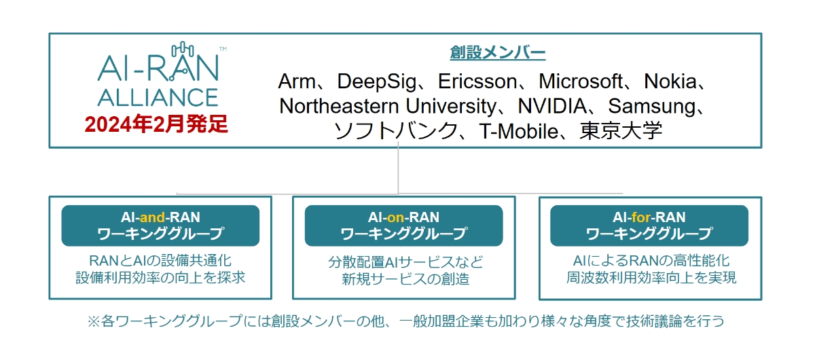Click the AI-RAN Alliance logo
coord(158,75)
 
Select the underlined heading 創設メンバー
coord(497,52)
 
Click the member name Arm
coord(297,82)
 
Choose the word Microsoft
coord(581,82)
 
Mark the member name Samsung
coord(653,106)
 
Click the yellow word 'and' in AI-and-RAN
coord(153,217)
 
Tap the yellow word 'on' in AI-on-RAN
coord(395,217)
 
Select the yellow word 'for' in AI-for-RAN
coord(641,217)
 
